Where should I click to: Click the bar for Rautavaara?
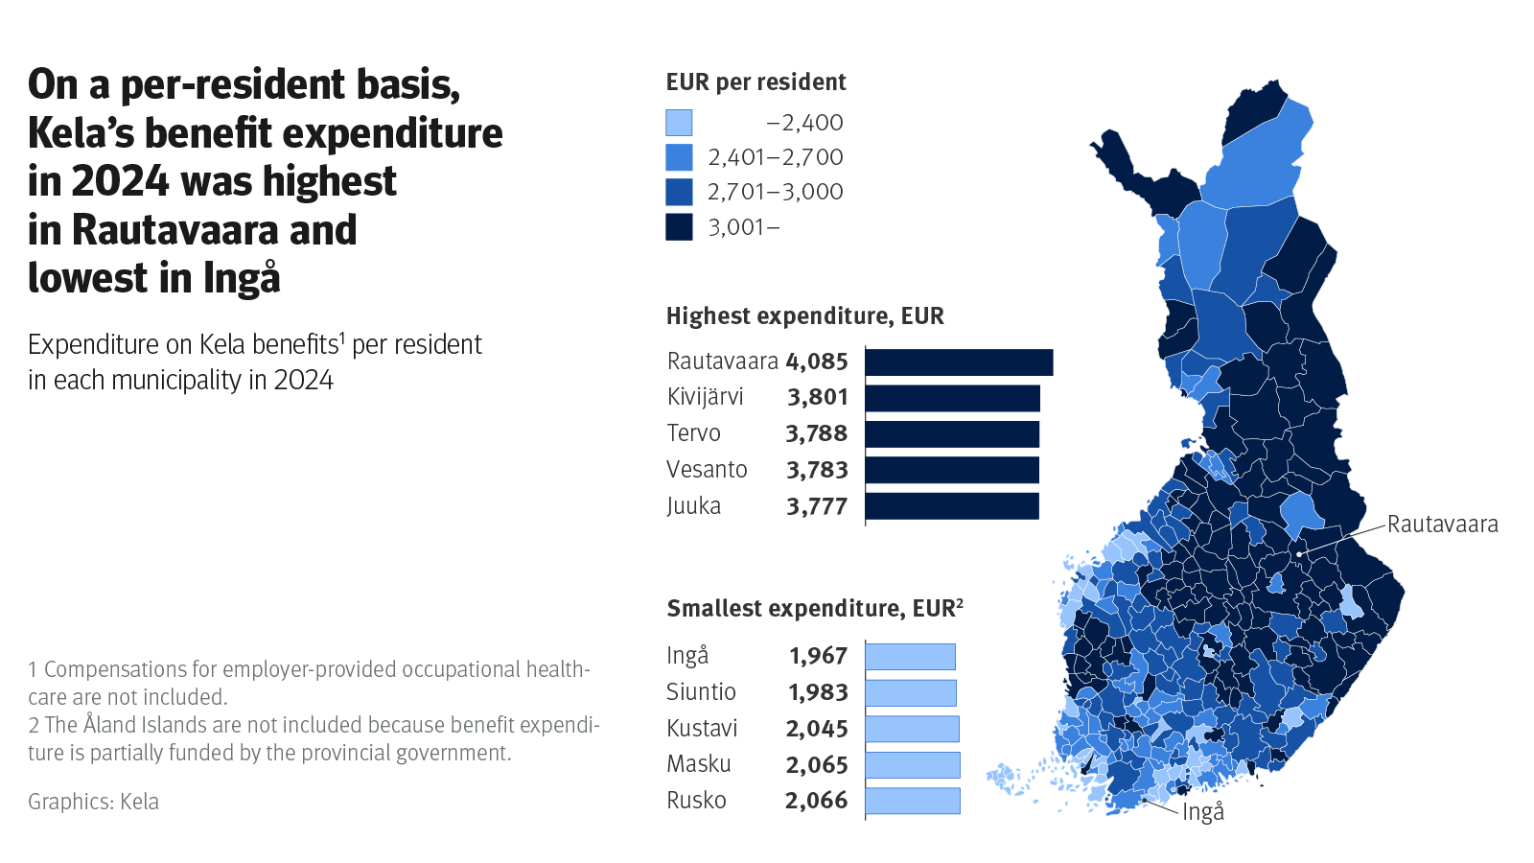coord(959,362)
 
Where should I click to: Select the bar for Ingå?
coord(910,657)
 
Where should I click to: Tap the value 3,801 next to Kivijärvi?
coord(817,397)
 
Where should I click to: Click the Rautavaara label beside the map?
coord(1442,525)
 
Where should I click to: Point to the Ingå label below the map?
coord(1203,812)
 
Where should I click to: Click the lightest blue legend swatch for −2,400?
coord(679,123)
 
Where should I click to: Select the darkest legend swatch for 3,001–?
coord(679,227)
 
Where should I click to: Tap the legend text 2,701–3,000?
coord(775,192)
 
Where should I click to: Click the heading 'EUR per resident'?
coord(755,82)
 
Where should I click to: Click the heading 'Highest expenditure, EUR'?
coord(804,316)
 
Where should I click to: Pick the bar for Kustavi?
coord(912,729)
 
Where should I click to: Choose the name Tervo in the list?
coord(693,433)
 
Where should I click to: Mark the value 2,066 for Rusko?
coord(816,801)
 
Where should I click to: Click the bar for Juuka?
coord(952,506)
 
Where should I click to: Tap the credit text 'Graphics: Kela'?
coord(93,802)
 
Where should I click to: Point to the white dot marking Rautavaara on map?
coord(1299,554)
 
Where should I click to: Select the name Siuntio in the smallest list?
coord(701,692)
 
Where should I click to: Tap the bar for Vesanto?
coord(952,470)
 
